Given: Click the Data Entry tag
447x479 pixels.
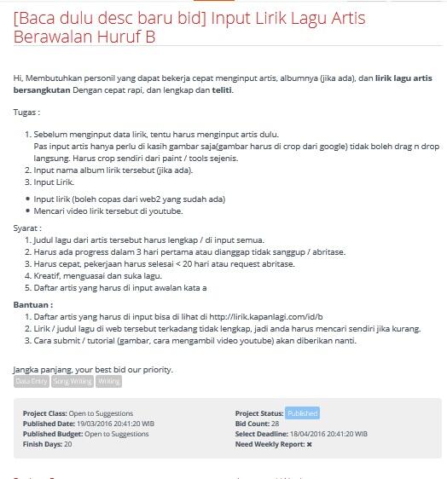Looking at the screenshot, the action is click(32, 382).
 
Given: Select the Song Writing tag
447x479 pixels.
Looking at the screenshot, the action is click(72, 382).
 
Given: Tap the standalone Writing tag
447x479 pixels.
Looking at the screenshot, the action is click(108, 382).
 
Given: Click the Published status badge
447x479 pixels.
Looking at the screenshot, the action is click(302, 413).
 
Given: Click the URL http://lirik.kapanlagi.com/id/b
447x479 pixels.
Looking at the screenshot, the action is click(266, 317).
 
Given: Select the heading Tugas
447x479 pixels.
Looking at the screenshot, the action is click(26, 113).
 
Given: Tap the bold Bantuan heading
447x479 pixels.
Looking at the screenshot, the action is click(32, 305).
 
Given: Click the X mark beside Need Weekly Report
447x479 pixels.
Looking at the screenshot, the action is click(309, 444).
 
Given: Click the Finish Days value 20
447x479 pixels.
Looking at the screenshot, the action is click(67, 444).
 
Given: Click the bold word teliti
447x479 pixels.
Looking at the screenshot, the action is click(220, 90).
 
